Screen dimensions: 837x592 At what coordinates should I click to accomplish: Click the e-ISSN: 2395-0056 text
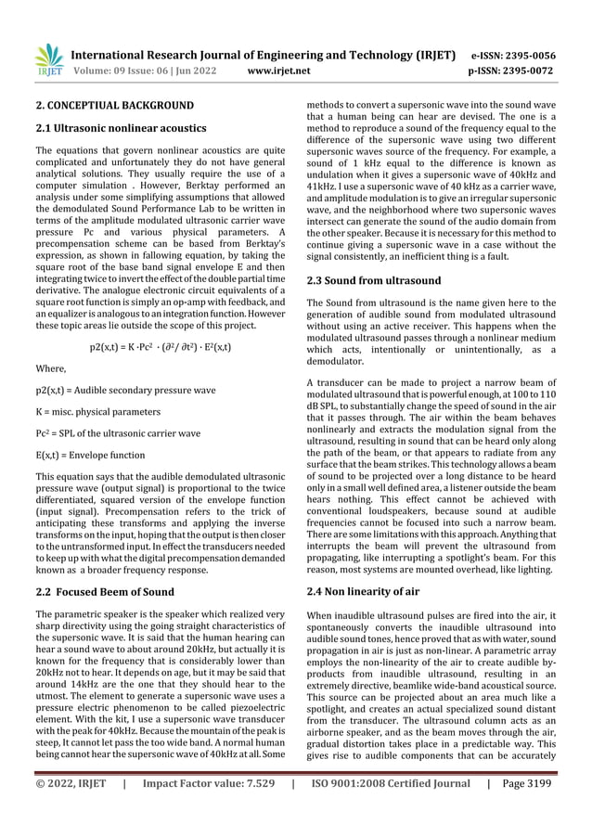[513, 55]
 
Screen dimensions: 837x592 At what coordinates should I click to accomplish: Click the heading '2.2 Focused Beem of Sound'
[104, 592]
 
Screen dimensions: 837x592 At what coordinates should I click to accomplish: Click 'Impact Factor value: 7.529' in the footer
[210, 810]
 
